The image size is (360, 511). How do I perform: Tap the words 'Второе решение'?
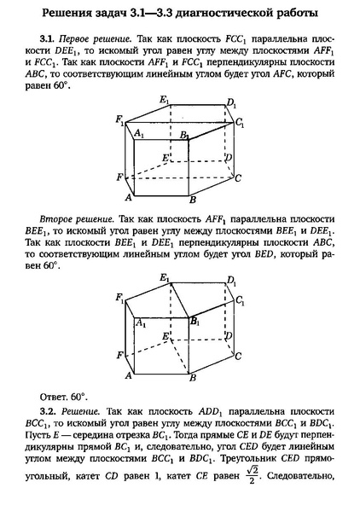(x=74, y=218)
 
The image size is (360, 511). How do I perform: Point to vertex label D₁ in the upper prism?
(x=231, y=103)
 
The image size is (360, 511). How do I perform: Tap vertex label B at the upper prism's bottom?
(x=194, y=200)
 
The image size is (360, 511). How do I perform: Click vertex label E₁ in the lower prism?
(x=165, y=278)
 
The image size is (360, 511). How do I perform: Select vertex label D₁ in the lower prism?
(x=231, y=281)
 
